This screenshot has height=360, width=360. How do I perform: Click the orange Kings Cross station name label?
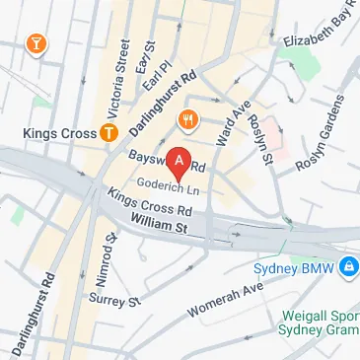(59, 132)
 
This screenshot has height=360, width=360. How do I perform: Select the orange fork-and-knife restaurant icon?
(185, 120)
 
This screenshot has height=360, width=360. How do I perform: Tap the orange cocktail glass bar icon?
(36, 44)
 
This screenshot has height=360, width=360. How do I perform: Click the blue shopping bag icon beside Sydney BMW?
(347, 266)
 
